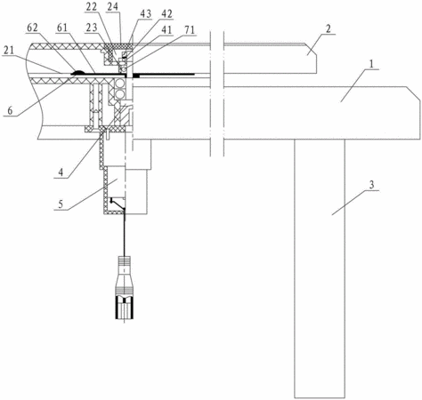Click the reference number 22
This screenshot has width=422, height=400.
(91, 7)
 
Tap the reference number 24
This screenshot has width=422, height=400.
(113, 7)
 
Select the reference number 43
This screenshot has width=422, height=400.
(145, 14)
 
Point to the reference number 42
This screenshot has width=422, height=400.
(166, 14)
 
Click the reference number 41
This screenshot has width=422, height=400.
(166, 30)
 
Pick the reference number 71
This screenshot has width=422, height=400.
(189, 30)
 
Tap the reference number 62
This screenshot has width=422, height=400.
(32, 28)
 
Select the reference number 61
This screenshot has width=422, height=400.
(61, 28)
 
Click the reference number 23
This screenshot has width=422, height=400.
(92, 28)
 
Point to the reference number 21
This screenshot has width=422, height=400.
(9, 51)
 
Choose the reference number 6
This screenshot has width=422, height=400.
(10, 111)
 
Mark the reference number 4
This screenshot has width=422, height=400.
(61, 172)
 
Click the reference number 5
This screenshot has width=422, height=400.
(61, 204)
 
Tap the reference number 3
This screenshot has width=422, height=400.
(371, 185)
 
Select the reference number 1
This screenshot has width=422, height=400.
(372, 63)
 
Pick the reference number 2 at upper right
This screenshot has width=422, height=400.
(328, 29)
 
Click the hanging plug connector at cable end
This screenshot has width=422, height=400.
(125, 288)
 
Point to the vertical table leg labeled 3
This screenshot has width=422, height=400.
(320, 268)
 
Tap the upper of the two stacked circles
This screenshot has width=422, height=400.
(120, 84)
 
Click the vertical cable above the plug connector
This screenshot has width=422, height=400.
(125, 233)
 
